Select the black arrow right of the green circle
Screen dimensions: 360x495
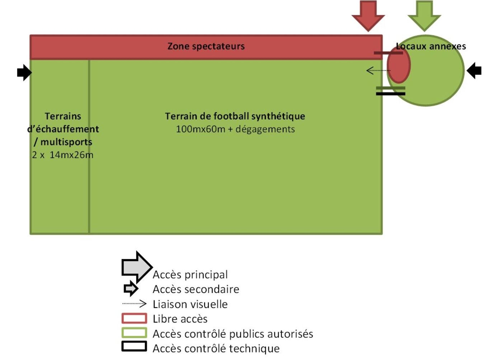(474, 70)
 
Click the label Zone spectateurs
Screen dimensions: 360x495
(206, 46)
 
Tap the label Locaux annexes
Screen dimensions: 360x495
(431, 46)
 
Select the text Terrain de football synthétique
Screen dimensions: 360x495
(235, 116)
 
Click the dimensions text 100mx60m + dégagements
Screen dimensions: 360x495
(235, 129)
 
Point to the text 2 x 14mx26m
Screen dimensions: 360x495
(63, 155)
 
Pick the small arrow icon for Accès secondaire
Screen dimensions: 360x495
(131, 289)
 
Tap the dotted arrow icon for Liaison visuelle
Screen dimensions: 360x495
(135, 304)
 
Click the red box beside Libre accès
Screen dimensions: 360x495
(134, 318)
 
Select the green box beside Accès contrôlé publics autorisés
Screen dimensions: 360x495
(134, 333)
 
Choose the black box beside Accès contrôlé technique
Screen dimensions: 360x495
(134, 346)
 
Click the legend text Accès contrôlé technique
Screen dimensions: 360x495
(216, 349)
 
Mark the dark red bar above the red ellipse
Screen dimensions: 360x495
(388, 53)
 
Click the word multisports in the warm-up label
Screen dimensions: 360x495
(66, 142)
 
